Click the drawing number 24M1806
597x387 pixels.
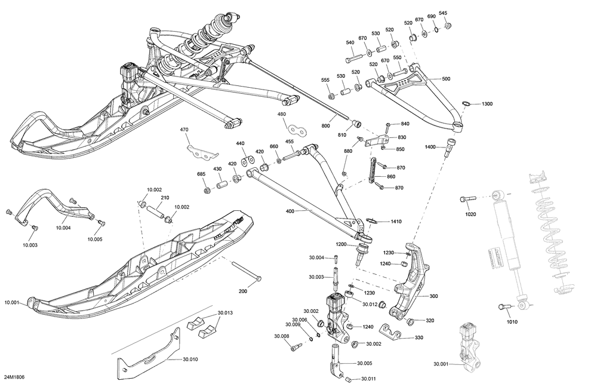(14, 377)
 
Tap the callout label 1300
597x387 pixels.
(487, 104)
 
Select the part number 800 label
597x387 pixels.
(326, 126)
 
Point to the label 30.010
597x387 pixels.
(190, 359)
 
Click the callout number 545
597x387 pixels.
(443, 13)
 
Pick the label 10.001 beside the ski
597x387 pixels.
(12, 302)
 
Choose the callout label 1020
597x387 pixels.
(470, 214)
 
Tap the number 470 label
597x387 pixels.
(184, 130)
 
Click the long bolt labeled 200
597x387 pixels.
(246, 271)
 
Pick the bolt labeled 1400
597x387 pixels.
(449, 147)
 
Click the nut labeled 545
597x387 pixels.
(448, 26)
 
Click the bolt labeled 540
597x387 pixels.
(355, 59)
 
